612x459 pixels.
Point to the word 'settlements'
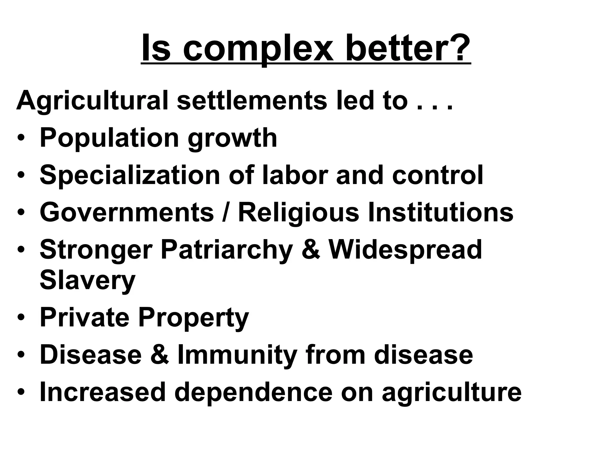coord(252,101)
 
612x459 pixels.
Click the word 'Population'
coord(109,138)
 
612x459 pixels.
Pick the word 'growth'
coord(232,138)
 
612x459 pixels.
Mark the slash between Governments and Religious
coord(226,212)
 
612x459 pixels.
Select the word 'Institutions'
coord(440,212)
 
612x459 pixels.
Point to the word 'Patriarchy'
coord(227,250)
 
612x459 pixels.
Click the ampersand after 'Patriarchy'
coord(311,250)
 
